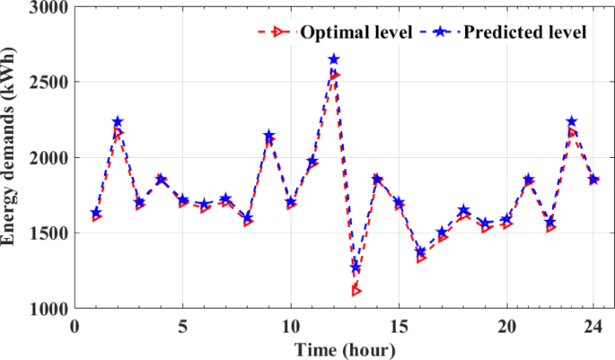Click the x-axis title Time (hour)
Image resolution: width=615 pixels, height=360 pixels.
344,347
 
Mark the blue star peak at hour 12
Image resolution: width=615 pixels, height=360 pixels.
334,59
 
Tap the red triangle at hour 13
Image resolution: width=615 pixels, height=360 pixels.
356,290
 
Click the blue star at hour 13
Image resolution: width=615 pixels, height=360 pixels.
356,268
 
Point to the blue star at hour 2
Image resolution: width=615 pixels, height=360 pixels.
118,122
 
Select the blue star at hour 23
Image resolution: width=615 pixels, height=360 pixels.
572,121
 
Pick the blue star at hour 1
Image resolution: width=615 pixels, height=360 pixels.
96,213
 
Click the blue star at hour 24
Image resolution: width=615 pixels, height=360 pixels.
593,180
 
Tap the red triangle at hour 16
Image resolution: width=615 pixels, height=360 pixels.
421,259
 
